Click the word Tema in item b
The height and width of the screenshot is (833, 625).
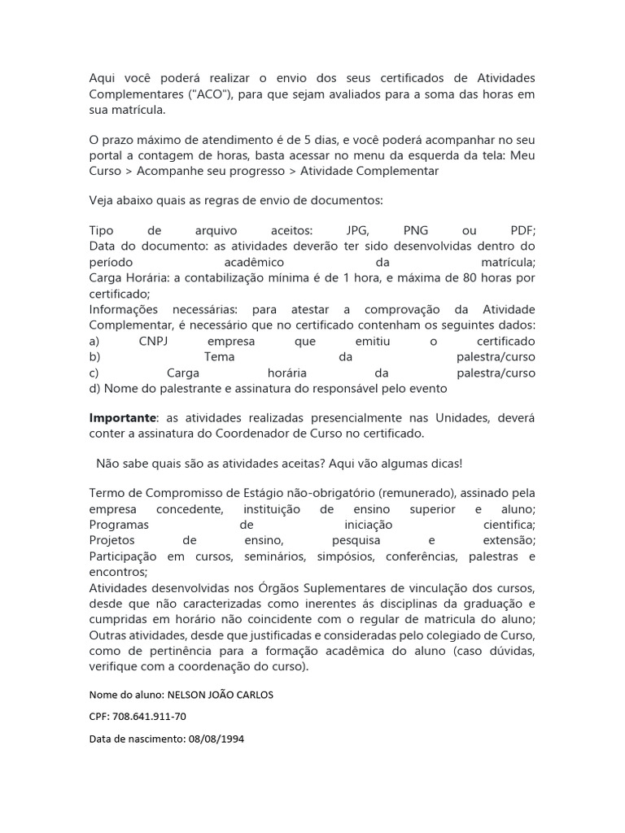click(x=219, y=357)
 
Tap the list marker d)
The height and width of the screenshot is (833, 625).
click(x=94, y=388)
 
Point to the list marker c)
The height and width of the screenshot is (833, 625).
click(x=94, y=373)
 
